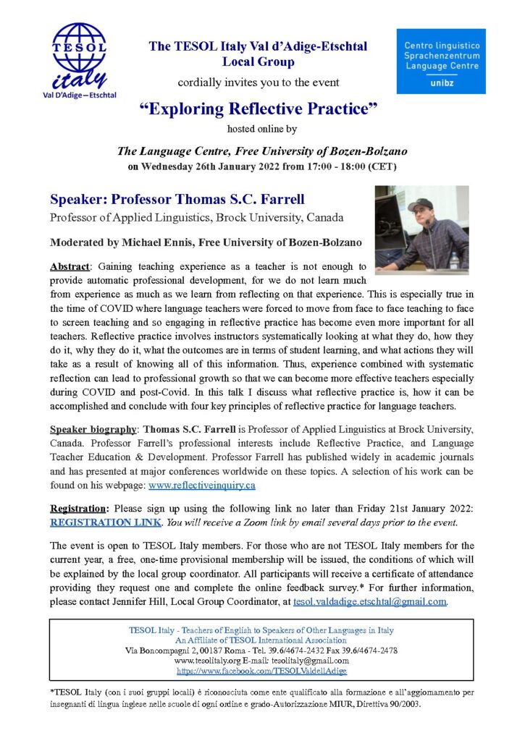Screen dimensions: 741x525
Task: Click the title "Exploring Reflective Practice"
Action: (261, 111)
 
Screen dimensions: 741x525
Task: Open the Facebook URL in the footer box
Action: (261, 670)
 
